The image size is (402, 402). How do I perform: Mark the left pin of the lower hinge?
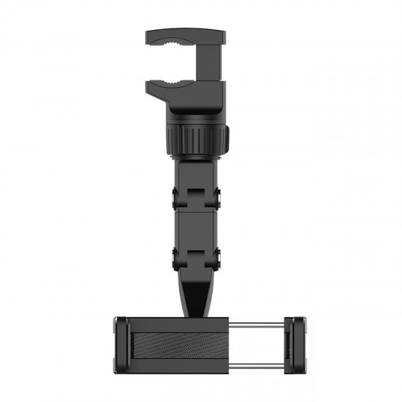pyautogui.click(x=175, y=257)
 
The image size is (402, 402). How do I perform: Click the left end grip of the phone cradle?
pyautogui.click(x=122, y=343)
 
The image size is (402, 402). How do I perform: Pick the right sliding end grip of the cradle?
pyautogui.click(x=296, y=343)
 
